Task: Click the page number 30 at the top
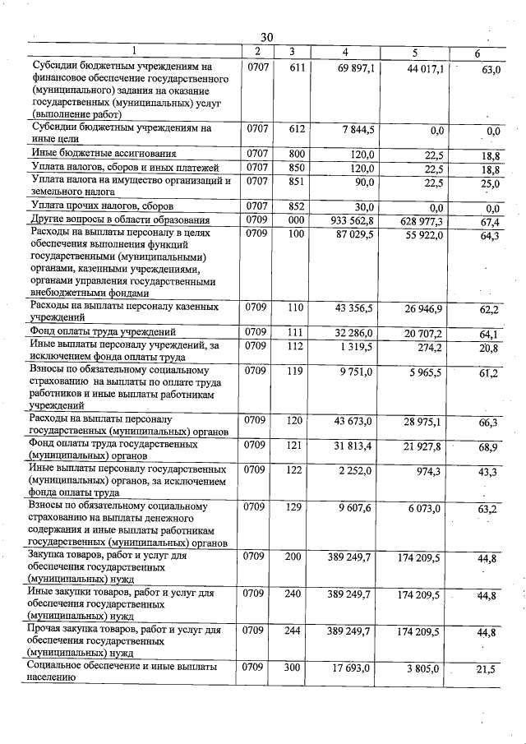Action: click(266, 37)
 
